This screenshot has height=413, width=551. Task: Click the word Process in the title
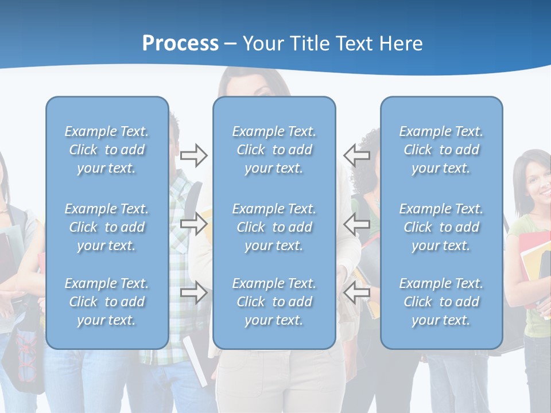point(180,44)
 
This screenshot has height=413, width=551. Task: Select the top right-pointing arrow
point(194,155)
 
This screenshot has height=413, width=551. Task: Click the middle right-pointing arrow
point(194,224)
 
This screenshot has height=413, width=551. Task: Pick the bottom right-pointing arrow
point(194,293)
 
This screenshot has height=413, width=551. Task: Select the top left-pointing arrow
point(356,155)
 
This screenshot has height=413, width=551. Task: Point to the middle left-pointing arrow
point(356,224)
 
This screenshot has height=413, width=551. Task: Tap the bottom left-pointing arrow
point(356,293)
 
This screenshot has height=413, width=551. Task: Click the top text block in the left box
point(107,150)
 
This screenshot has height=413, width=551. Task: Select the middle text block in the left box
point(107,227)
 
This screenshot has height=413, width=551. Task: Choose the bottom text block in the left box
point(107,302)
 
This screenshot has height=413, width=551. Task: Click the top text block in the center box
point(274,150)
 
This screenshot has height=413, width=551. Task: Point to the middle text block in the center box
point(274,227)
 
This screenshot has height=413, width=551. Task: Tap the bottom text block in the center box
point(274,302)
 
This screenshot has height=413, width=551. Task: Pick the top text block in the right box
point(441,150)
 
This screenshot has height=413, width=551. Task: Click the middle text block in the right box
point(441,227)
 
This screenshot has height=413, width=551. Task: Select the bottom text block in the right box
point(441,302)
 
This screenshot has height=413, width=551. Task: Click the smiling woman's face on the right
point(537,186)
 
